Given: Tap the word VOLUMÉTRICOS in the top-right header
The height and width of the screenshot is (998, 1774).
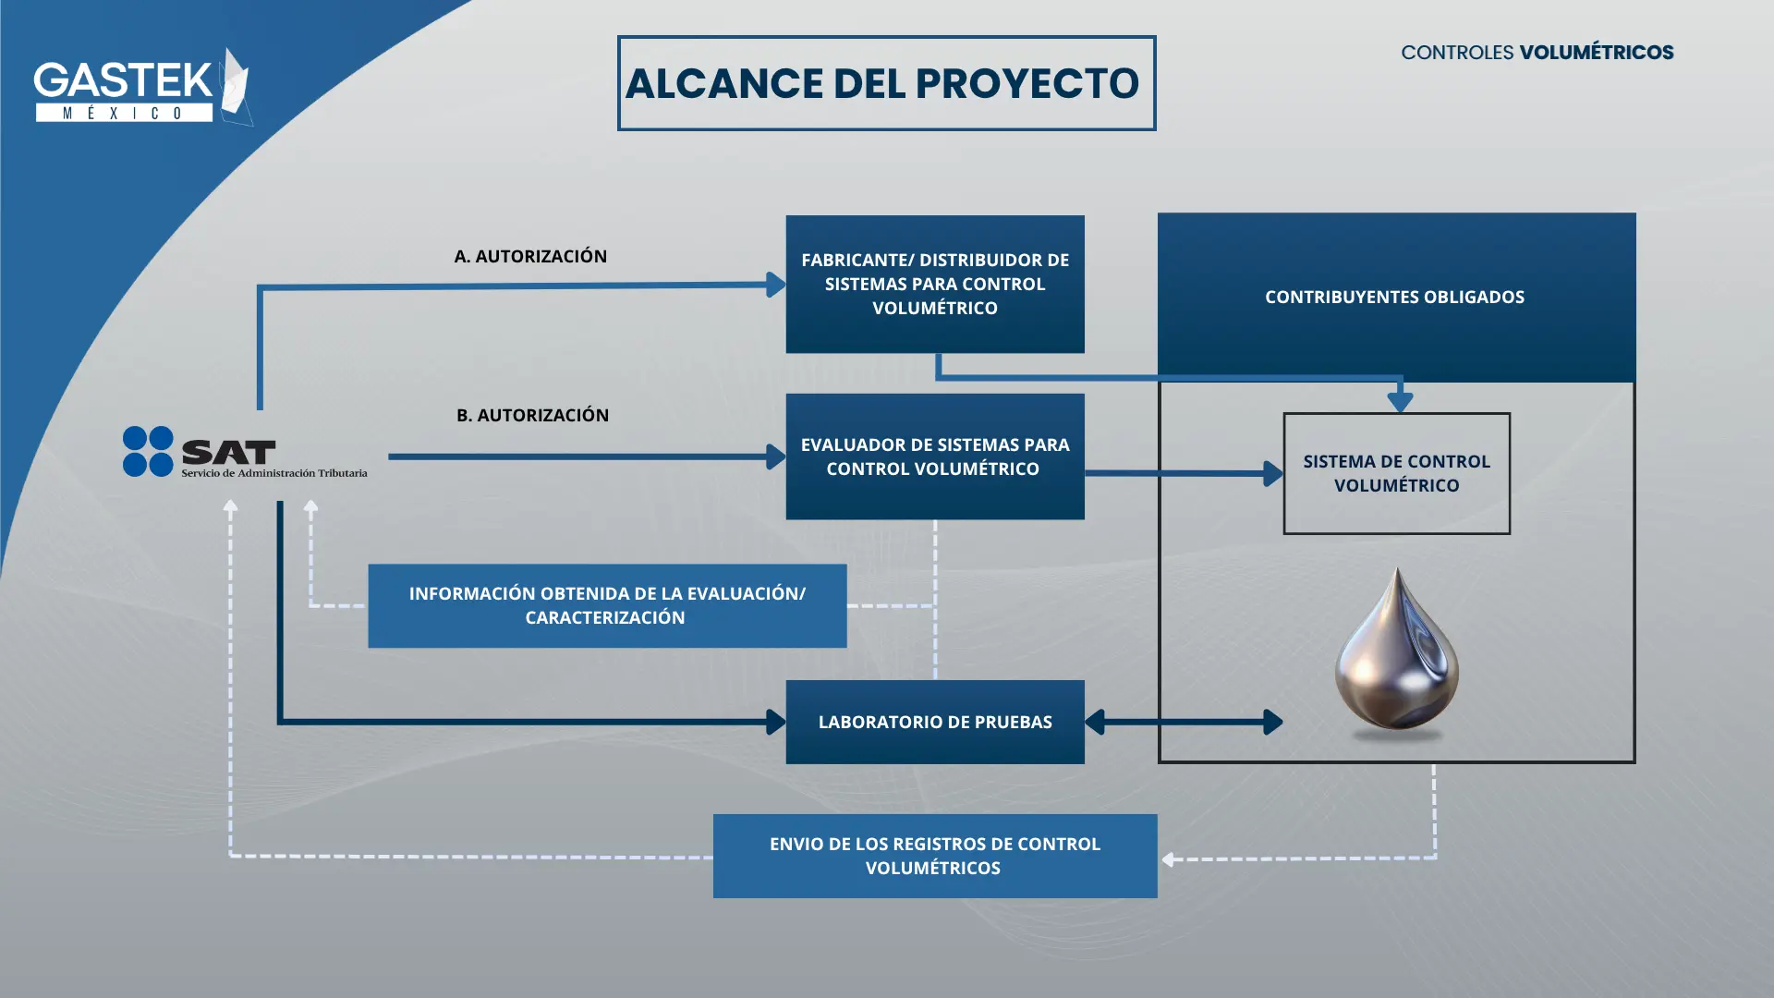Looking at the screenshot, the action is (1597, 53).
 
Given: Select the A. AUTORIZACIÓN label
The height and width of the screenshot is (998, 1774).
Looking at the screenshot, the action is (530, 256).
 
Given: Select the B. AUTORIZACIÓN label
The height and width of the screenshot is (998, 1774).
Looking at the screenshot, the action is (532, 415).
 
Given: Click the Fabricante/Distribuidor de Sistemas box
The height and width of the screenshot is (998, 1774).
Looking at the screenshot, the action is (935, 284).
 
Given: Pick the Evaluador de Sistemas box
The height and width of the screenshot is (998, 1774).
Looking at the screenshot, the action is (935, 456).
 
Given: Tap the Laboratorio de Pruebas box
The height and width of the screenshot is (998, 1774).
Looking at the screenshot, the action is (935, 722).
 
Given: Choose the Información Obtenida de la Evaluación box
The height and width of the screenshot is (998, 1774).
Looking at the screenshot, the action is (607, 605).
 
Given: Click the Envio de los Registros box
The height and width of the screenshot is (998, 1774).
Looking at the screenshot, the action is (935, 856).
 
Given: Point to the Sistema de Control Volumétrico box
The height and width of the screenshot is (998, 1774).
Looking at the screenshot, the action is (1397, 473).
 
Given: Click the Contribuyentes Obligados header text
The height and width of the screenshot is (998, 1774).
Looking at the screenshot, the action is (1394, 297).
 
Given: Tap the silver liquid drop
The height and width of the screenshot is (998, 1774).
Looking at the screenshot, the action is (1397, 654).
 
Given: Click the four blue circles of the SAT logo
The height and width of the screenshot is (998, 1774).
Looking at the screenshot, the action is (148, 451).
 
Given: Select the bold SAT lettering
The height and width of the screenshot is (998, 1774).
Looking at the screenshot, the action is (229, 452).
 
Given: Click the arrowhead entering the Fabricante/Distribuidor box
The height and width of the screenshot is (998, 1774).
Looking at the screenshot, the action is (776, 285).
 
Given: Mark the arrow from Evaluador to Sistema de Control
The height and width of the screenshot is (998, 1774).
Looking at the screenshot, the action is (1184, 473).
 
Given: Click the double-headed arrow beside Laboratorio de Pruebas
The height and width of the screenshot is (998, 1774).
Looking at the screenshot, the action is (1184, 722).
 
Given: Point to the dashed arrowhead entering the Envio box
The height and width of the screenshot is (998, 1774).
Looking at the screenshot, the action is (1169, 859).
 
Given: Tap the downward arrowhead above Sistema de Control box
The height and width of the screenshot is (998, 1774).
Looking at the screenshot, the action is (1401, 401).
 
